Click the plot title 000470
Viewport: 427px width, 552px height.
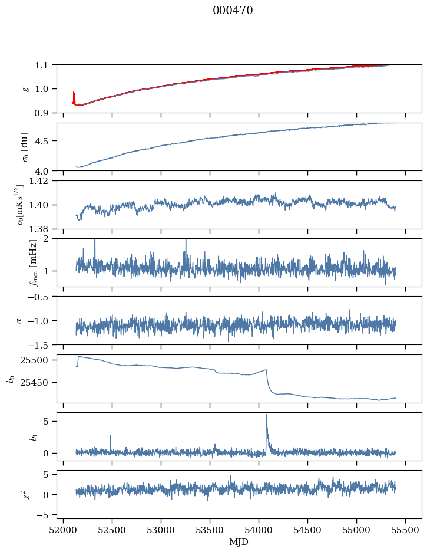[x=233, y=11]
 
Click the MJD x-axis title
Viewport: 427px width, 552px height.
[x=239, y=541]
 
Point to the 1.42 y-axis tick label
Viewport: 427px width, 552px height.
[x=41, y=181]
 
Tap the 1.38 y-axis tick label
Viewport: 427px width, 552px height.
[x=41, y=229]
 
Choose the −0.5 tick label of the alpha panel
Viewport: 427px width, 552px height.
[x=41, y=297]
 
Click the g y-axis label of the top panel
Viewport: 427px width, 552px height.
[x=25, y=88]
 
